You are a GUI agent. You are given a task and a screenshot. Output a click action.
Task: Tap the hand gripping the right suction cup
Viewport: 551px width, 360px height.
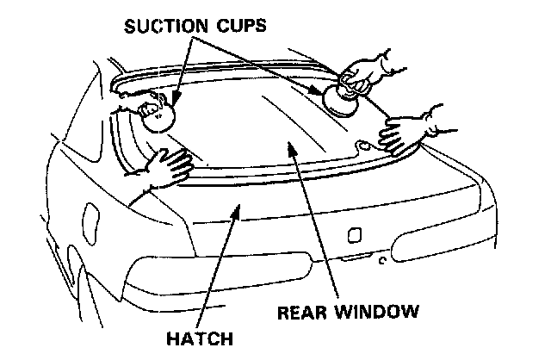tap(366, 71)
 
